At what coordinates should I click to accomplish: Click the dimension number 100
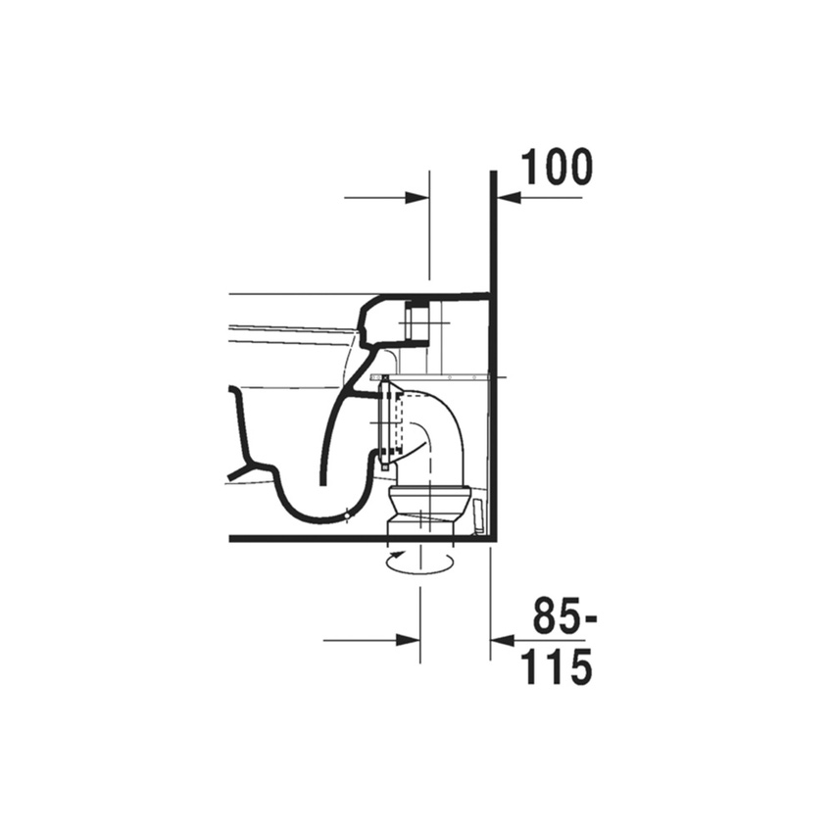[x=557, y=167]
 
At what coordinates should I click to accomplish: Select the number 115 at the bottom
[x=557, y=666]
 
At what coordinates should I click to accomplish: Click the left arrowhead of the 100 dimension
[x=417, y=198]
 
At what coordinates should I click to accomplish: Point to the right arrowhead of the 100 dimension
[x=509, y=198]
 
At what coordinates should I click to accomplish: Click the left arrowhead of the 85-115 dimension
[x=409, y=640]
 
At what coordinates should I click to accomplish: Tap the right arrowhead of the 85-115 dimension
[x=503, y=640]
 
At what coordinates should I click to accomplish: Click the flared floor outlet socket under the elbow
[x=430, y=511]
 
